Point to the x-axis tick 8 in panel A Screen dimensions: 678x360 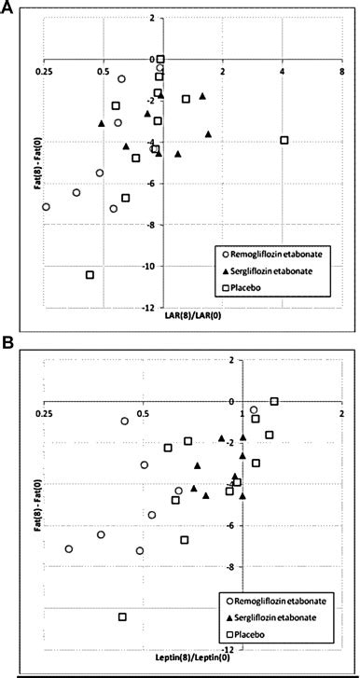(x=341, y=71)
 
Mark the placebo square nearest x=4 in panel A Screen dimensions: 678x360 (x=284, y=140)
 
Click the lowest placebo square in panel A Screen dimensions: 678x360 (x=90, y=275)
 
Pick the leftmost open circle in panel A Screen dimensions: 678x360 (x=46, y=207)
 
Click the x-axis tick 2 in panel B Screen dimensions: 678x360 (x=341, y=412)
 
